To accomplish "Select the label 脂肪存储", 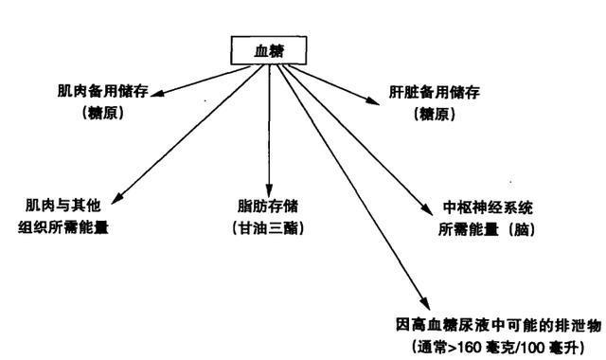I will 270,205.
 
